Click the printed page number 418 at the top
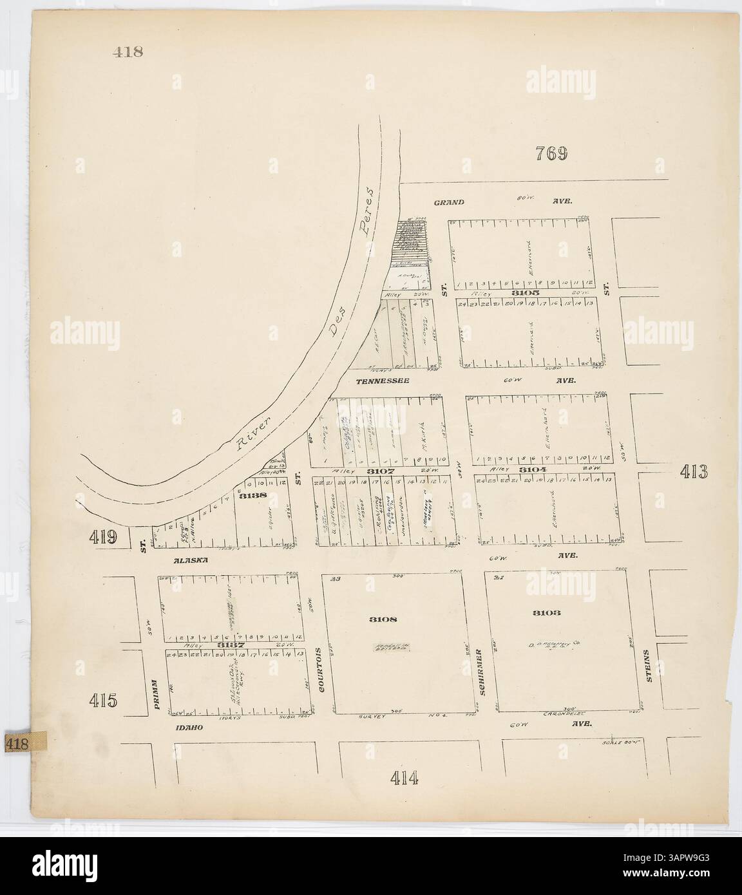coord(126,52)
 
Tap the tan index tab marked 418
coord(19,743)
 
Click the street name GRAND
coord(449,202)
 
